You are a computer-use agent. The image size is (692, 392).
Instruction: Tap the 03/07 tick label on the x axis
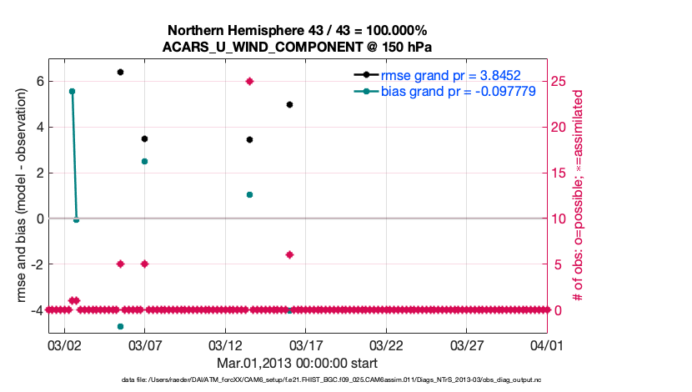[x=144, y=344]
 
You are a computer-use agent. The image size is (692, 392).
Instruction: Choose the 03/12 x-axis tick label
[x=225, y=344]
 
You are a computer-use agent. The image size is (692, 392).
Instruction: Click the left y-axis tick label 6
[x=38, y=82]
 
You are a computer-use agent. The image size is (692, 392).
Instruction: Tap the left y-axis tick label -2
[x=35, y=264]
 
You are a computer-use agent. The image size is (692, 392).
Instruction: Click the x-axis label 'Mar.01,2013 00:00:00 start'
[x=297, y=364]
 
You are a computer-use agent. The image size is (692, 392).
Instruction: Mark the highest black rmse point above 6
[x=120, y=73]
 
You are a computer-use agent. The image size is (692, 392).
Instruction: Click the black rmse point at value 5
[x=289, y=104]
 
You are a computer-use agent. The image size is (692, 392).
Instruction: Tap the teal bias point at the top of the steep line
[x=72, y=91]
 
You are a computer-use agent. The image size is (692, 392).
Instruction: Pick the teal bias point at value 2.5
[x=144, y=161]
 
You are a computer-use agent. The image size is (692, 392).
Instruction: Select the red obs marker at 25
[x=249, y=81]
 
